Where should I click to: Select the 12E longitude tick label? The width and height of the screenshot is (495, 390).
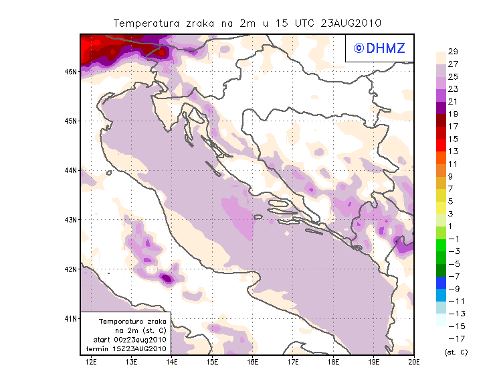pyautogui.click(x=91, y=363)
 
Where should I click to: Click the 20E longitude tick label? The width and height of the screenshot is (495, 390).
pyautogui.click(x=414, y=363)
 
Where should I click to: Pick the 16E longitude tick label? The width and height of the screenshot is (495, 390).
pyautogui.click(x=253, y=363)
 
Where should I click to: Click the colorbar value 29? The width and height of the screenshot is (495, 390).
pyautogui.click(x=453, y=52)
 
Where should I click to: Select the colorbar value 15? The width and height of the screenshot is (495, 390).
pyautogui.click(x=453, y=139)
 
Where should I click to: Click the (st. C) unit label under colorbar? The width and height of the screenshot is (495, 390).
pyautogui.click(x=456, y=352)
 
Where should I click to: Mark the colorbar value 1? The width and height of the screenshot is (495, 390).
pyautogui.click(x=452, y=226)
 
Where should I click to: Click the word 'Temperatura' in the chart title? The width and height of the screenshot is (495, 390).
pyautogui.click(x=144, y=23)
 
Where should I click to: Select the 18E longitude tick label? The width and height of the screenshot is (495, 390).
pyautogui.click(x=333, y=363)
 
